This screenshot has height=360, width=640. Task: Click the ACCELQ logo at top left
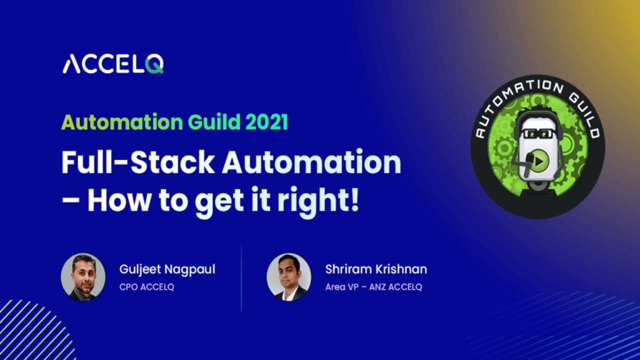(112, 64)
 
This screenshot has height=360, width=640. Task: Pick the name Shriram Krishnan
(376, 269)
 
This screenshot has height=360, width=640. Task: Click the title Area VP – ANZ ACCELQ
(373, 287)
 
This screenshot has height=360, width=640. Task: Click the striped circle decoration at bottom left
(31, 331)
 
